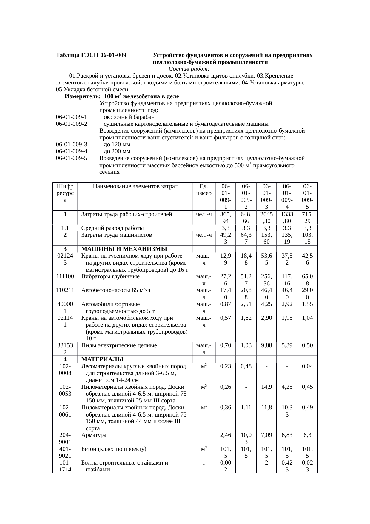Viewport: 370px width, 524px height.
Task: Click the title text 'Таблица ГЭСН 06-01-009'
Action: [x=91, y=56]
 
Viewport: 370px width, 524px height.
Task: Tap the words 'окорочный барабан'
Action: [x=129, y=117]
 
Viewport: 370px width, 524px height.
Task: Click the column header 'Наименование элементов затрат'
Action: [x=135, y=187]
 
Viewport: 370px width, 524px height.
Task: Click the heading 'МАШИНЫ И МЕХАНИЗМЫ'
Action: [x=124, y=249]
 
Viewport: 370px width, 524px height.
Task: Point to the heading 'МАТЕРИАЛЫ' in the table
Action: [x=102, y=359]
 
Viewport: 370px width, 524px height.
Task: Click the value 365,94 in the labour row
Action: [x=226, y=218]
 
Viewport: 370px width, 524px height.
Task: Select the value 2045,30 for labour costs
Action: [x=266, y=218]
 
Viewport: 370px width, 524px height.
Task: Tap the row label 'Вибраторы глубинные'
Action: [x=110, y=276]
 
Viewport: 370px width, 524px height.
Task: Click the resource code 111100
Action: [x=65, y=276]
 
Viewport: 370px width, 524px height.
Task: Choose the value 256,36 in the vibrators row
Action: [x=266, y=280]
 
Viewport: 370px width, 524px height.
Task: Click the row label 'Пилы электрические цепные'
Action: [x=119, y=345]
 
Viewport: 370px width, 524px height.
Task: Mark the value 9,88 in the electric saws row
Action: [x=266, y=345]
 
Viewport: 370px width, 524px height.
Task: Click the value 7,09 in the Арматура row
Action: [x=266, y=435]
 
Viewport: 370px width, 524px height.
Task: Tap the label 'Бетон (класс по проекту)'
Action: [x=114, y=449]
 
